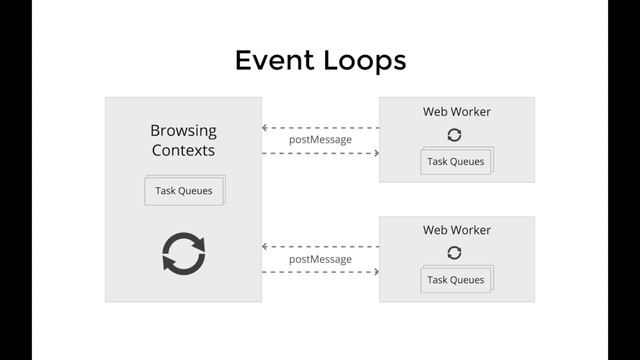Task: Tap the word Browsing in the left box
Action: point(183,130)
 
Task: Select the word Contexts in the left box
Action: point(183,151)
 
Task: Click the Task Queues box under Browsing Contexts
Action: point(183,190)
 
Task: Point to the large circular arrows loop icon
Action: point(184,253)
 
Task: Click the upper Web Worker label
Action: point(456,112)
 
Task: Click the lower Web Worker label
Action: point(456,230)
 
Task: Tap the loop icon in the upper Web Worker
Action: point(455,135)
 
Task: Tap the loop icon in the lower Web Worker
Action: point(455,253)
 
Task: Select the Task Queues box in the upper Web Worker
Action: point(455,161)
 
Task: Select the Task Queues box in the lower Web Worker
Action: point(455,280)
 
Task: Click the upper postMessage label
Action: point(320,140)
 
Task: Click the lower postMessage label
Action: point(320,259)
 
